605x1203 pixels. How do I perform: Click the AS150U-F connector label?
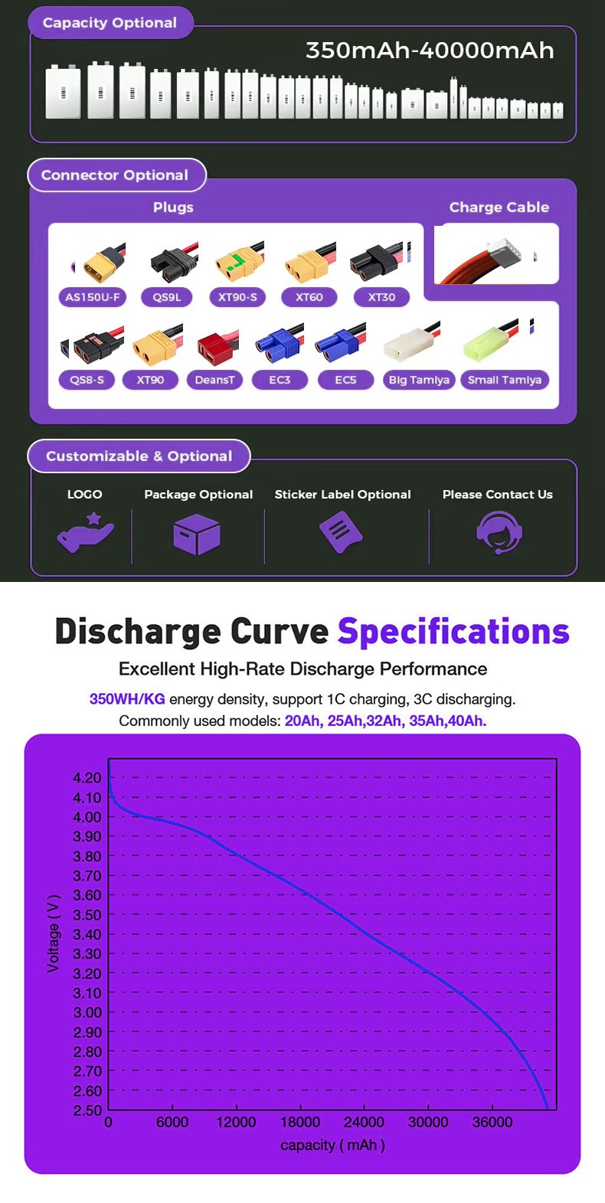pyautogui.click(x=93, y=297)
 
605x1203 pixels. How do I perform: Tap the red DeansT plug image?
pyautogui.click(x=217, y=348)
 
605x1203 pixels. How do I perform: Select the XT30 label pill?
pyautogui.click(x=381, y=297)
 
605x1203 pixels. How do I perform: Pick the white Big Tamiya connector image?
pyautogui.click(x=414, y=344)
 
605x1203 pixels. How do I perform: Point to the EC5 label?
pyautogui.click(x=345, y=380)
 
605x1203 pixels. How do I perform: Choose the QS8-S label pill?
pyautogui.click(x=87, y=380)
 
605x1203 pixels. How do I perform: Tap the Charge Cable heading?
pyautogui.click(x=499, y=208)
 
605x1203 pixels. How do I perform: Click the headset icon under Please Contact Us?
pyautogui.click(x=499, y=532)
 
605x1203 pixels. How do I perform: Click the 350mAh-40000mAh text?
pyautogui.click(x=430, y=51)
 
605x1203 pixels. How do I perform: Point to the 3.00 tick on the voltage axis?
pyautogui.click(x=87, y=1012)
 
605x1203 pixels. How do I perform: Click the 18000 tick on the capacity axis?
pyautogui.click(x=300, y=1122)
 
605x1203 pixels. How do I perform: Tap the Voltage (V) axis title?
pyautogui.click(x=54, y=933)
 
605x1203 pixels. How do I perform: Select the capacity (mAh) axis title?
pyautogui.click(x=332, y=1145)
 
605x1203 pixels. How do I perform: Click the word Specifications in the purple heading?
pyautogui.click(x=453, y=632)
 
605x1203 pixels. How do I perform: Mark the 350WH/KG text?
pyautogui.click(x=127, y=699)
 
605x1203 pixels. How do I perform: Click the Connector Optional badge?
pyautogui.click(x=116, y=175)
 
